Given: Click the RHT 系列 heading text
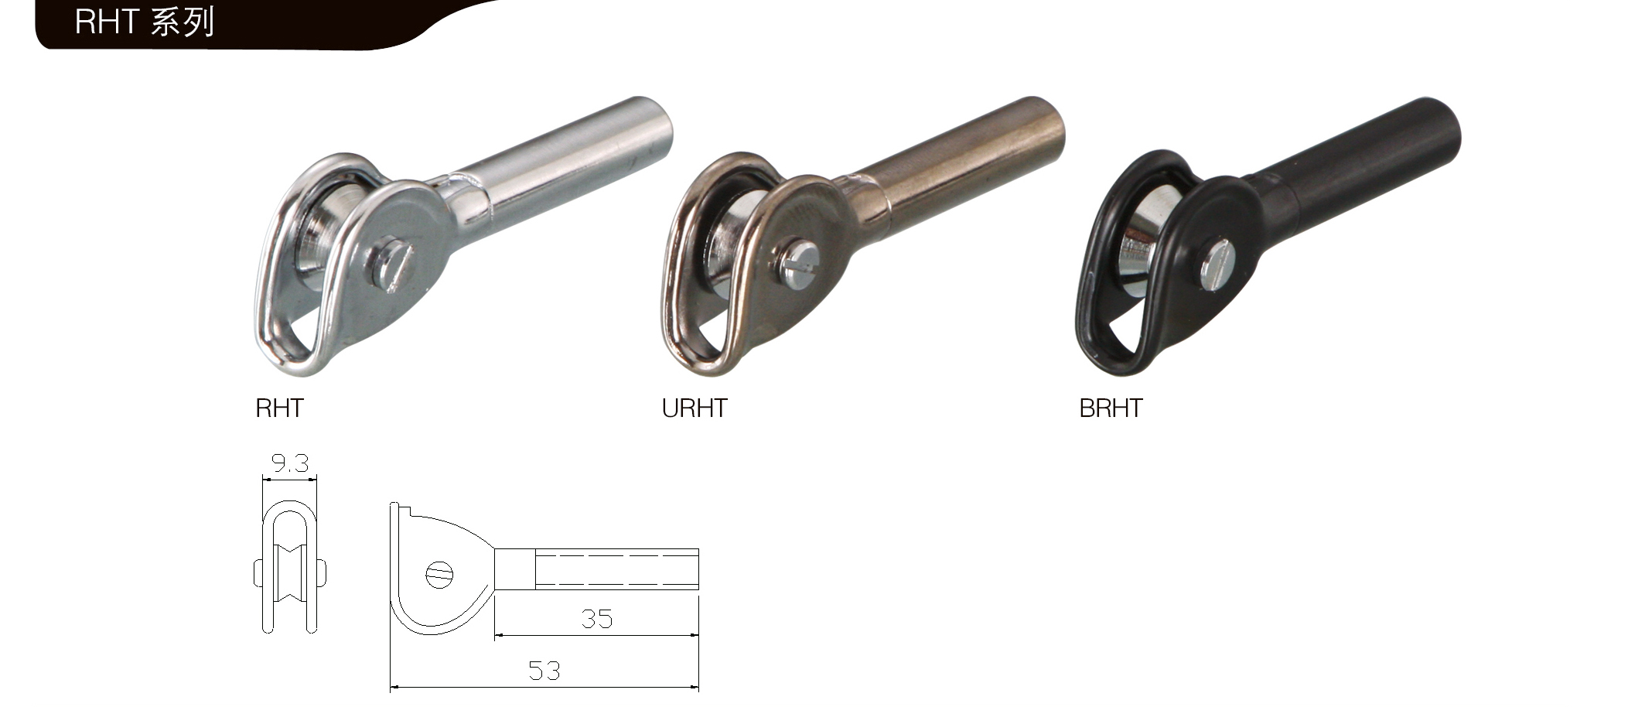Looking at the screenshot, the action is [144, 22].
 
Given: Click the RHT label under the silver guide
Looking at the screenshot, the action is [279, 408].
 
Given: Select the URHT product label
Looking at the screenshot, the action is [695, 408].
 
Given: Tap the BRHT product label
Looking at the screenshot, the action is [1111, 408].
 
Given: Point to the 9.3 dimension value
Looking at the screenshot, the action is [290, 463].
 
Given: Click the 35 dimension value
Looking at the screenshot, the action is [596, 619].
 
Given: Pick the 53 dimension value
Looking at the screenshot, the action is [544, 671].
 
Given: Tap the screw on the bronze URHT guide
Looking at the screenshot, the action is [798, 265].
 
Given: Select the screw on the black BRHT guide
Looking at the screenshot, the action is [1217, 265].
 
